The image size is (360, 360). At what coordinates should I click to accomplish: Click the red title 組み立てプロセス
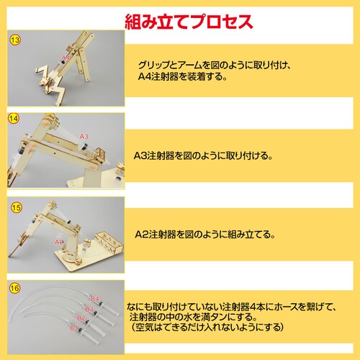coord(189,22)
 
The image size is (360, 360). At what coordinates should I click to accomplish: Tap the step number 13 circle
coord(15,40)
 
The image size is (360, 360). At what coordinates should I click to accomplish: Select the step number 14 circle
coord(14,119)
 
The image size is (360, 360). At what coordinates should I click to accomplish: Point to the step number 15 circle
coord(17,207)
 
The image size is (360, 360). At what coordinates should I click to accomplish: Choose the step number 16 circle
coord(14,288)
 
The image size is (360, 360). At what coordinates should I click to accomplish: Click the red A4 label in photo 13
coord(66,58)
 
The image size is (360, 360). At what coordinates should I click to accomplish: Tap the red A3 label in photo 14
coord(84,137)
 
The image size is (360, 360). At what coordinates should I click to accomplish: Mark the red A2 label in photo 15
coord(59,242)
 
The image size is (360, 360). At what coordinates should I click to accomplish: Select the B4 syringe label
coord(95,299)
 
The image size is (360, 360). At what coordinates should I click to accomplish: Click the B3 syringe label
coord(89,309)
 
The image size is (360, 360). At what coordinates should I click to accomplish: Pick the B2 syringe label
coord(81,318)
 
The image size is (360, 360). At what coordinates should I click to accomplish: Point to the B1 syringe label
coord(73,328)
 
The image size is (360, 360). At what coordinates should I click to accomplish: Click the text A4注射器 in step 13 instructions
coord(158,76)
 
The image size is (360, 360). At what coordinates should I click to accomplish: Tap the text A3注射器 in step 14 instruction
coord(154,156)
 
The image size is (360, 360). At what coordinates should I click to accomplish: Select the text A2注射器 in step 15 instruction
coord(156,234)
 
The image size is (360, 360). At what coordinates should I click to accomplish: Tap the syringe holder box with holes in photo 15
coord(109,243)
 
